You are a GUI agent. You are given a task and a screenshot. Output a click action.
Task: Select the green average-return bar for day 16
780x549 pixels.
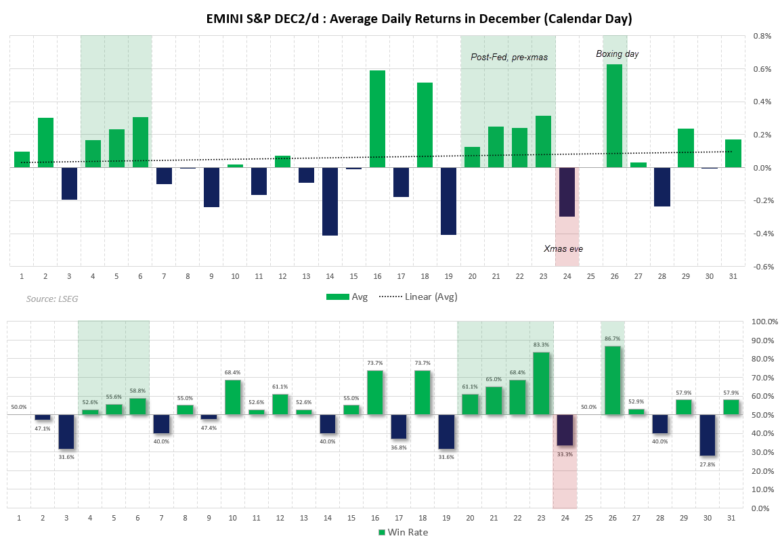(x=377, y=119)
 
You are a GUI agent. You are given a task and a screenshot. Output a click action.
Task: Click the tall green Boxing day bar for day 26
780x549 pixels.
(x=614, y=116)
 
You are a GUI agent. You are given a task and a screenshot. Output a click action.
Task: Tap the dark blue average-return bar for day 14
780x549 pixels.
(x=330, y=201)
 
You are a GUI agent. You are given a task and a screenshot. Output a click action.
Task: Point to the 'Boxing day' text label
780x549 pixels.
(x=617, y=53)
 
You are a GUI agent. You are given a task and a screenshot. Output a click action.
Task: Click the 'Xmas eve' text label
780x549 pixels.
(x=563, y=248)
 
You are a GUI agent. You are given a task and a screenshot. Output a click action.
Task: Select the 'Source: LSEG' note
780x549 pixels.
(x=52, y=299)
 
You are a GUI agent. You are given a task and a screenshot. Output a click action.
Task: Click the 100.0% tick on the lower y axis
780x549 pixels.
(x=764, y=322)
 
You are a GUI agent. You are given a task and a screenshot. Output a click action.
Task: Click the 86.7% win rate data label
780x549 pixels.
(x=611, y=338)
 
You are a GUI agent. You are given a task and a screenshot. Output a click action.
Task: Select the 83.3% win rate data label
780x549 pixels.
(x=540, y=344)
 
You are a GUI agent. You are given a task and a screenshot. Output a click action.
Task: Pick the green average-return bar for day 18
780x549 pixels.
(x=425, y=125)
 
